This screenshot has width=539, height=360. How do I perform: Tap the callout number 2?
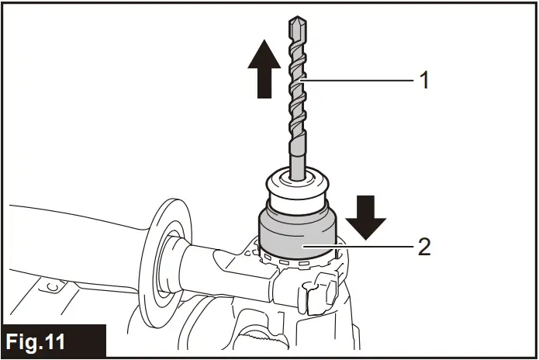[423, 247]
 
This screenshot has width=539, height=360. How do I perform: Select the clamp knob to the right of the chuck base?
[320, 296]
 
